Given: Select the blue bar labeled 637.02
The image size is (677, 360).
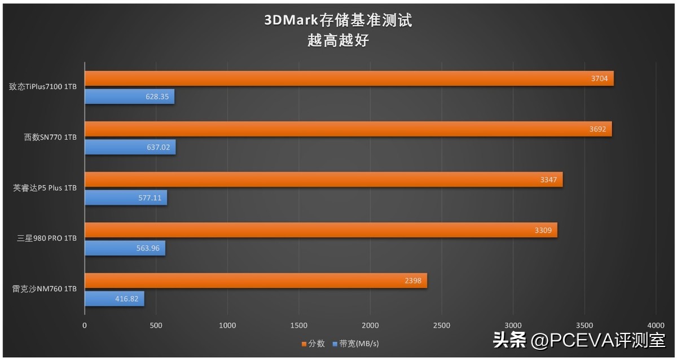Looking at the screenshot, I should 130,147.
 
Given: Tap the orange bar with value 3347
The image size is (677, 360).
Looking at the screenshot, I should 323,179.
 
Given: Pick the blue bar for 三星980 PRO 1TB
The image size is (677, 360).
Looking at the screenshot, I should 125,248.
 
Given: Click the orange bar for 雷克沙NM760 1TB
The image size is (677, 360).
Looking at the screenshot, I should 256,280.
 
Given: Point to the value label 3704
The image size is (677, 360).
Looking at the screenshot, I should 599,78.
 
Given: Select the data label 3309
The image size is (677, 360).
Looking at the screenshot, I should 543,230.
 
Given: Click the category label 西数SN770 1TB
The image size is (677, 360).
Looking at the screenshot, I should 50,138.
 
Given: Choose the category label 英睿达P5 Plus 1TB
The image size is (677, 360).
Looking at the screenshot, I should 45,188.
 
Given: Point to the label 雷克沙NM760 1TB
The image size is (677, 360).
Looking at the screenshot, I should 45,289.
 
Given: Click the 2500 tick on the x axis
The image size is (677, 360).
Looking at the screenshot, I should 442,326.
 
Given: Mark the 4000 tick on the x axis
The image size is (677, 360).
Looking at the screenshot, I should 656,326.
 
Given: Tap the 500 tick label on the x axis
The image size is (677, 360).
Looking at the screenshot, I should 156,326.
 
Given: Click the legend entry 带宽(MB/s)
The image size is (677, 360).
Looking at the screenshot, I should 359,343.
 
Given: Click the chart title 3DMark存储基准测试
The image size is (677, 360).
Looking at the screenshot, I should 338,21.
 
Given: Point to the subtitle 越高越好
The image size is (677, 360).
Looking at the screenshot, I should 338,41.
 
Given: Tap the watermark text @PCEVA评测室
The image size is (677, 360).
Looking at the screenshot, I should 597,340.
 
